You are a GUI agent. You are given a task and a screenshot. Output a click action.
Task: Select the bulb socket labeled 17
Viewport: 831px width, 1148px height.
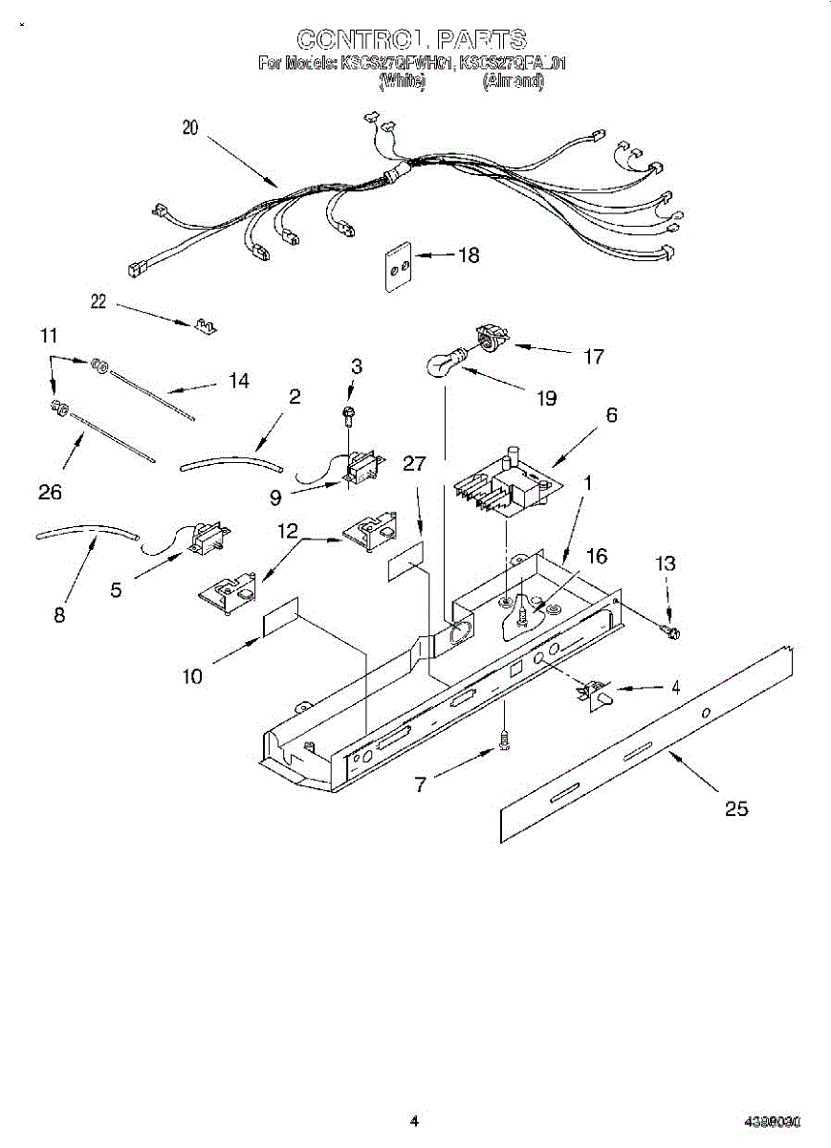coord(492,339)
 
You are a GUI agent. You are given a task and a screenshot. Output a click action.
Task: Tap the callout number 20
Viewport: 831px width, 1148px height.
coord(190,128)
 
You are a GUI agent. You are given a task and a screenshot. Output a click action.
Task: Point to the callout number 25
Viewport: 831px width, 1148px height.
coord(735,808)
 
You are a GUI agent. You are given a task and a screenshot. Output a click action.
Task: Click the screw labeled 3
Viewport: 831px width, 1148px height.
coord(350,412)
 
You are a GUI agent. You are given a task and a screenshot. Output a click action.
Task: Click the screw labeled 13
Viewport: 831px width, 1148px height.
coord(671,631)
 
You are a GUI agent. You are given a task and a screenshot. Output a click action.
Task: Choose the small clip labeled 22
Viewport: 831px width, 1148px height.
coord(205,326)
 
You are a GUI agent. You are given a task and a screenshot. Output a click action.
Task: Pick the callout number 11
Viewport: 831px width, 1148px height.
coord(49,336)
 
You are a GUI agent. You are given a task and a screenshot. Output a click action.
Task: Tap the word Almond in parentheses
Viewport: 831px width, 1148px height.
coord(514,82)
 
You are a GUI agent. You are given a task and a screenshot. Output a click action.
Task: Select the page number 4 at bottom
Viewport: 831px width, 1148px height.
coord(414,1121)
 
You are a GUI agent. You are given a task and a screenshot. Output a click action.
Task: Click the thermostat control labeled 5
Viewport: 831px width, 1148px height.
coord(203,540)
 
